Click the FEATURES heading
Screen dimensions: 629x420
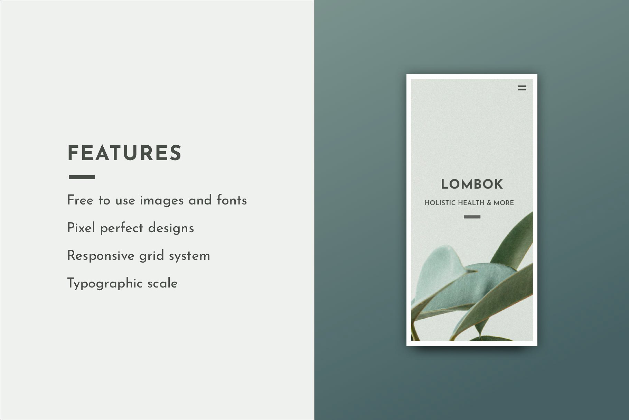124,153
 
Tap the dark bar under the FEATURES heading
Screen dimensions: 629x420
82,177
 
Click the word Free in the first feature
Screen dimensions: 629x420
80,200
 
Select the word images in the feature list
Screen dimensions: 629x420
162,201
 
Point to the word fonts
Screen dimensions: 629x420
232,200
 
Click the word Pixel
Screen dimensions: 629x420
81,228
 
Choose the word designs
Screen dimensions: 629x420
171,228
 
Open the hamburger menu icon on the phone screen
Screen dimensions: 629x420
522,88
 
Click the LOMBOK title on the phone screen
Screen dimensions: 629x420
472,184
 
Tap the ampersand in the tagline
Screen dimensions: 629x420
489,203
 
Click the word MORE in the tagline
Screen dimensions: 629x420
504,203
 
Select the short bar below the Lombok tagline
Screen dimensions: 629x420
472,217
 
